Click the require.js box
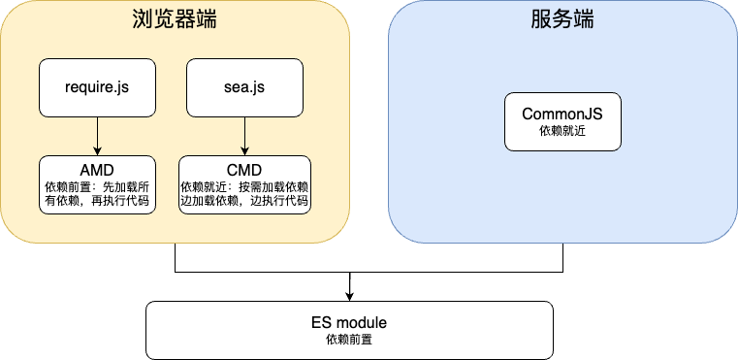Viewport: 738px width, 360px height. coord(97,87)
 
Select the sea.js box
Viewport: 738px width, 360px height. coord(244,87)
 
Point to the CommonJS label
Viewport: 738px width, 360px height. coord(562,114)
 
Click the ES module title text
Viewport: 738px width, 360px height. coord(349,321)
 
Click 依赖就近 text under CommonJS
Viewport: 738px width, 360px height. coord(562,131)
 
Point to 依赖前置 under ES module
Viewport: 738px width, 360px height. coord(349,340)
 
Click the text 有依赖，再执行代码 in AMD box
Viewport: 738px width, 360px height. coord(97,202)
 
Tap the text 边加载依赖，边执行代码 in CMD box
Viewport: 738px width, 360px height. coord(244,202)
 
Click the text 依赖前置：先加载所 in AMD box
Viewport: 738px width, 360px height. coord(97,184)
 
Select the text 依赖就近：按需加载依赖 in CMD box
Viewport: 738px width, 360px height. coord(244,184)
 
